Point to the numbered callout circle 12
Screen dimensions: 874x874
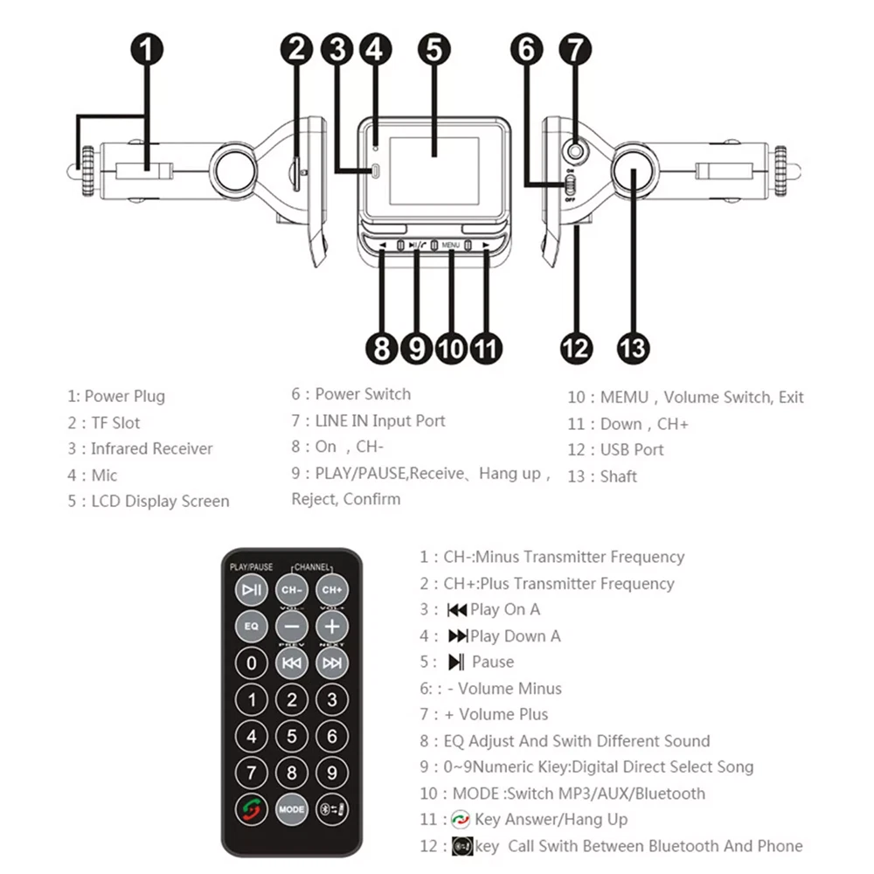pyautogui.click(x=576, y=347)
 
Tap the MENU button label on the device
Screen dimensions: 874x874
pyautogui.click(x=450, y=246)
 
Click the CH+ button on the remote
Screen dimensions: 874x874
pyautogui.click(x=331, y=590)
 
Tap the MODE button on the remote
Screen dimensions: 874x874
pyautogui.click(x=292, y=809)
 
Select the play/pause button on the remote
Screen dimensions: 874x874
pyautogui.click(x=252, y=590)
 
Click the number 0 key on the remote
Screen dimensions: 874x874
pyautogui.click(x=252, y=663)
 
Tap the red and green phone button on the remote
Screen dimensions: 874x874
pyautogui.click(x=252, y=809)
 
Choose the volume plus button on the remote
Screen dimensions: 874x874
pyautogui.click(x=331, y=626)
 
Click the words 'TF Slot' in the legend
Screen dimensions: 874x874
pyautogui.click(x=115, y=423)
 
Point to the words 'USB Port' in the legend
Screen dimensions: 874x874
pyautogui.click(x=632, y=450)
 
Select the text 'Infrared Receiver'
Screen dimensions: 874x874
pyautogui.click(x=152, y=449)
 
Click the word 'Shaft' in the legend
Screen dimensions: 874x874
pyautogui.click(x=619, y=477)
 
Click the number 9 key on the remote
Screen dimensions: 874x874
pyautogui.click(x=331, y=773)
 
